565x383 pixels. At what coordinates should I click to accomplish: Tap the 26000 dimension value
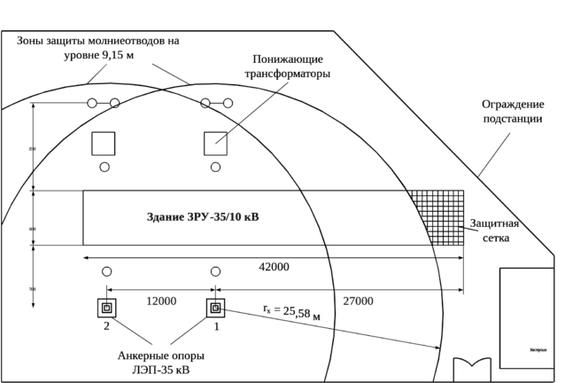tap(358, 301)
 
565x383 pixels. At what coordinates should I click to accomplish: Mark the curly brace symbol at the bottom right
tap(469, 360)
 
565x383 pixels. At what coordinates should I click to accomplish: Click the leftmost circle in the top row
tap(90, 103)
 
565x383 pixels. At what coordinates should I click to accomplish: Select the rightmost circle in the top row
tap(228, 103)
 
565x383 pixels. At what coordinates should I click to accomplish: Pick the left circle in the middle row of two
tap(104, 165)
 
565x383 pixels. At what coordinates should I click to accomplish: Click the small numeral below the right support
tap(218, 326)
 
